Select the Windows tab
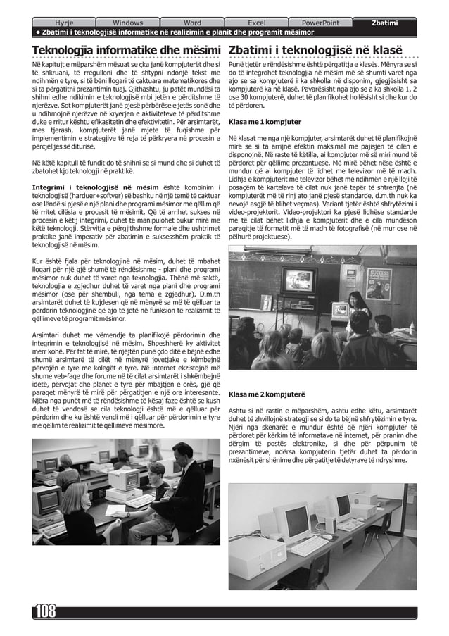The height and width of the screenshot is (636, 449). [x=127, y=23]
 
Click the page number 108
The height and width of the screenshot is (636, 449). [x=44, y=611]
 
